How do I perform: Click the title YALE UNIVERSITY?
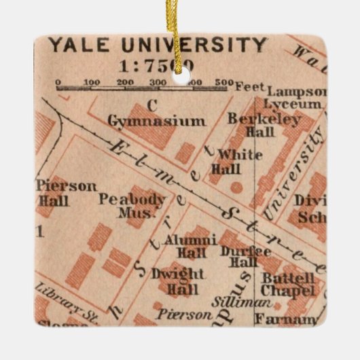(158, 46)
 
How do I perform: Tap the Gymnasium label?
(156, 121)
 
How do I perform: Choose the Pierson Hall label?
(57, 192)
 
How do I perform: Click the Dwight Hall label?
(178, 281)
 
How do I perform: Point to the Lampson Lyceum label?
(293, 98)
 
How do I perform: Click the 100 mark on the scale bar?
(91, 83)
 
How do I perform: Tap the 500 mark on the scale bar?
(222, 83)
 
